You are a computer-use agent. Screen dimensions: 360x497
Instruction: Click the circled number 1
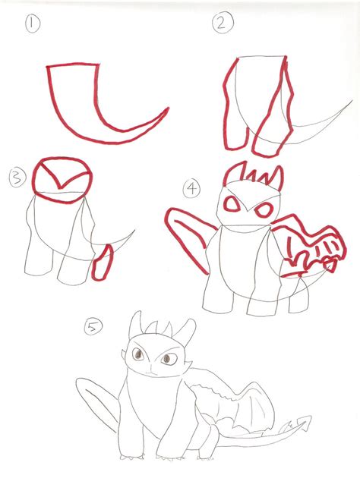pos(33,24)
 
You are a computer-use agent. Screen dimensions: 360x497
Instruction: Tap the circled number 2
pos(223,24)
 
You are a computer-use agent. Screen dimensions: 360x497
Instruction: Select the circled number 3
pos(17,178)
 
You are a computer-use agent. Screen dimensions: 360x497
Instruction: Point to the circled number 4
pos(191,189)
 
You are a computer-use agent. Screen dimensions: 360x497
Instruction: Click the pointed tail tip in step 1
pos(168,109)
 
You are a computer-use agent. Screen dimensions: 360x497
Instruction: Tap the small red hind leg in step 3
pos(103,263)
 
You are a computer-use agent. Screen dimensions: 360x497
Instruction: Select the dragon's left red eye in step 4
pos(232,204)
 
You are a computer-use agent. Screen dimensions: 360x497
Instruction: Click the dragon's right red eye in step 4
pos(264,210)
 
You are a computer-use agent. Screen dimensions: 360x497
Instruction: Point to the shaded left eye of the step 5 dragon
pos(138,354)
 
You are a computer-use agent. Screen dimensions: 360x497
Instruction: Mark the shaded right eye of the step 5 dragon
pos(169,359)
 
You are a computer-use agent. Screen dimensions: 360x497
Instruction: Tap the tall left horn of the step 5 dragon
pos(134,323)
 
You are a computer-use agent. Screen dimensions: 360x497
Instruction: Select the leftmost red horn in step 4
pos(234,173)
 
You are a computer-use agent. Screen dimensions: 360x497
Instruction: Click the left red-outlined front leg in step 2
pos(235,105)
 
